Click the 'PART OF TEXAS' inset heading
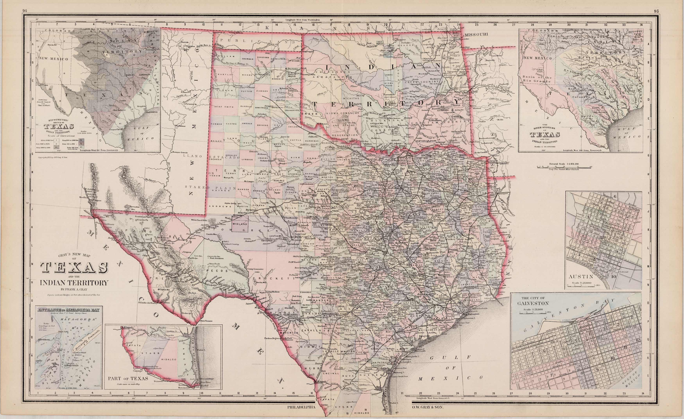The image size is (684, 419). pos(128,379)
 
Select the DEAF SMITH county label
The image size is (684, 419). pos(220,106)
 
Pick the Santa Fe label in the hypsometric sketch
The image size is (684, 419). pos(51,44)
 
